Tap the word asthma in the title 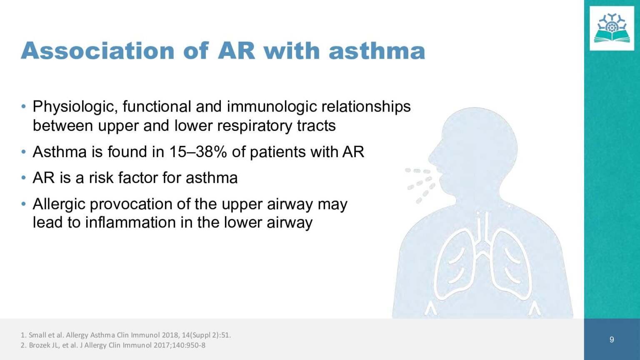click(x=377, y=51)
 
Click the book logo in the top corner click(x=612, y=29)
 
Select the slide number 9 click(x=612, y=340)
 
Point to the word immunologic click(x=272, y=107)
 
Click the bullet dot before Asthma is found click(x=23, y=152)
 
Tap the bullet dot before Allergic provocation click(x=23, y=204)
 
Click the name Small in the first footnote click(x=35, y=335)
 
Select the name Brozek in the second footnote click(x=39, y=345)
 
